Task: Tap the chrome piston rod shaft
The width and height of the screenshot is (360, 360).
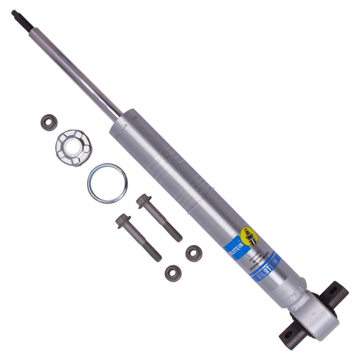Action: (75, 70)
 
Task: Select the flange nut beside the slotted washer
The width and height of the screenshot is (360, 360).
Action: (48, 122)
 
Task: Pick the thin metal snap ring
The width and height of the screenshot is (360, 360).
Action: (107, 183)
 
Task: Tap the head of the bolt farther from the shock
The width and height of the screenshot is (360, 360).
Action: (121, 220)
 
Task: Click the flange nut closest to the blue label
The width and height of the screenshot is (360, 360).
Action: (193, 252)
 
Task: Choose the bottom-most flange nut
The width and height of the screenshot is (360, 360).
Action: (173, 272)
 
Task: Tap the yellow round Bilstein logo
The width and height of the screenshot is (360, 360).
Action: (248, 235)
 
